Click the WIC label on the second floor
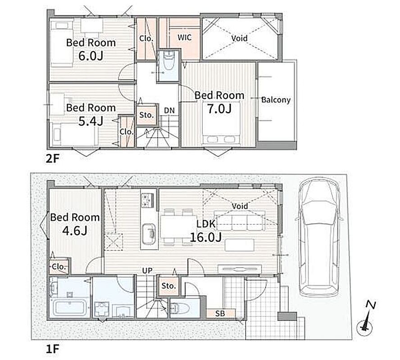tap(184, 37)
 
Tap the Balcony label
tap(276, 99)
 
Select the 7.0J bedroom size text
tap(219, 108)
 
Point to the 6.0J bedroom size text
tap(91, 55)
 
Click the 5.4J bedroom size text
tap(91, 121)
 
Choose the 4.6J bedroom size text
tap(75, 230)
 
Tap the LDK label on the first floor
tap(206, 224)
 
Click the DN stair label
tap(169, 110)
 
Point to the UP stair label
tap(147, 270)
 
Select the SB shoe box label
tap(220, 313)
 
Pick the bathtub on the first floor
tap(70, 307)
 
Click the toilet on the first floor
tap(180, 309)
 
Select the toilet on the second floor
tap(168, 60)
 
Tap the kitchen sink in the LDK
tap(149, 234)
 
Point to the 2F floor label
tap(52, 159)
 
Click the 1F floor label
tap(52, 349)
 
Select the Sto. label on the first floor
tap(168, 286)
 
